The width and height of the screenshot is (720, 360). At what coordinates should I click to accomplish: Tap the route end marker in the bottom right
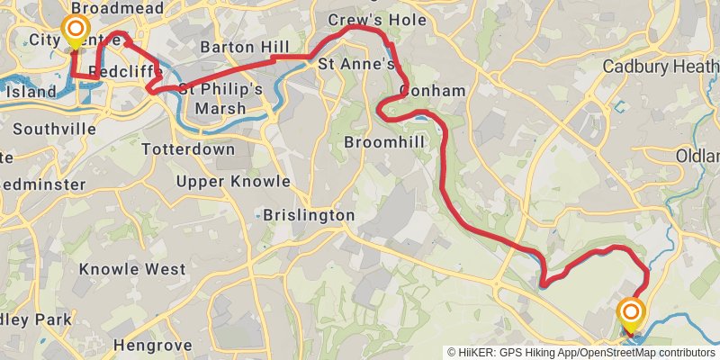pyautogui.click(x=631, y=314)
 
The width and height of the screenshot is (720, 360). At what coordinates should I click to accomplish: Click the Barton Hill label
pyautogui.click(x=244, y=47)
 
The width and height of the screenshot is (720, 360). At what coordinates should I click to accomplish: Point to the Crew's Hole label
pyautogui.click(x=363, y=19)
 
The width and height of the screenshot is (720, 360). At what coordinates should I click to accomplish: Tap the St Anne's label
pyautogui.click(x=355, y=65)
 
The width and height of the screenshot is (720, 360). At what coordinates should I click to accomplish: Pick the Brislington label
pyautogui.click(x=309, y=216)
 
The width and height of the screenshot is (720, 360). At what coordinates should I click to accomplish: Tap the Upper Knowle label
pyautogui.click(x=233, y=181)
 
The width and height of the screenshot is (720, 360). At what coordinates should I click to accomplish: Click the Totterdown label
pyautogui.click(x=188, y=148)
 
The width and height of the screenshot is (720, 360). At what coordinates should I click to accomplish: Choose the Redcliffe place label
pyautogui.click(x=126, y=71)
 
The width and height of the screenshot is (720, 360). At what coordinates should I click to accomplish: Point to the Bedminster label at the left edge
pyautogui.click(x=43, y=184)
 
